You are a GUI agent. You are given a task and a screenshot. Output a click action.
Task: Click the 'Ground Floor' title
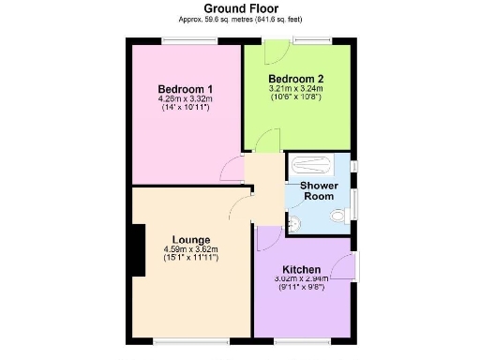240,7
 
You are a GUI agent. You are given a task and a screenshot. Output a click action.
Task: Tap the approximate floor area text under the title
240,19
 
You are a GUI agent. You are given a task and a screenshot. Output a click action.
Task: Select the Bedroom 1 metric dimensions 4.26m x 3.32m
185,99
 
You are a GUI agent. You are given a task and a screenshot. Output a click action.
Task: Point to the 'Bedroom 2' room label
296,78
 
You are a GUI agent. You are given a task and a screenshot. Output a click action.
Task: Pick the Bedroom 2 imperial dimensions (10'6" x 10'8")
296,97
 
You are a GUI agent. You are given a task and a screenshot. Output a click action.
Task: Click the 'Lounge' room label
190,240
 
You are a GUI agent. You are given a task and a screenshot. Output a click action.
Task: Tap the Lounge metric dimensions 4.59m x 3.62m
190,248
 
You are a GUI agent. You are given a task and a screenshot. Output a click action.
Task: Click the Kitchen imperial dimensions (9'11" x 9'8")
301,287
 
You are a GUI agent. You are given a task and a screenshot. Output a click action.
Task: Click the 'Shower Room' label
318,190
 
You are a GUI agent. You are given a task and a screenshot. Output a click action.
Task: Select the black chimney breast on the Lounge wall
138,251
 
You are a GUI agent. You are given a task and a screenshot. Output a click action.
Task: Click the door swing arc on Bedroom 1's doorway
229,169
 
